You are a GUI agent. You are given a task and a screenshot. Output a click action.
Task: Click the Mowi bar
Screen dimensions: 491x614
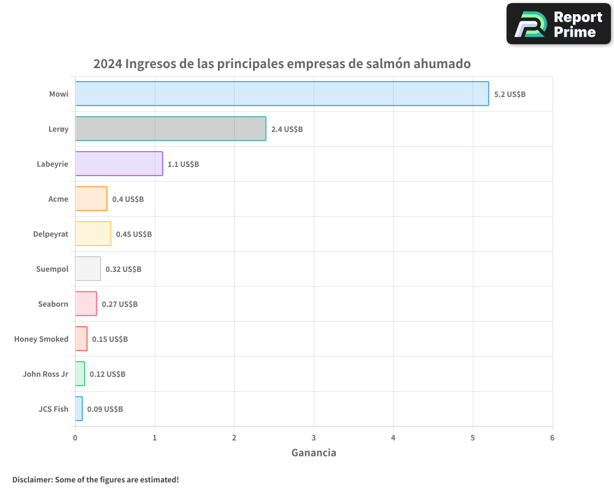tap(282, 93)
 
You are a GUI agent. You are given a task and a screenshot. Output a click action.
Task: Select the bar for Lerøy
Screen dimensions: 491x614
tap(171, 128)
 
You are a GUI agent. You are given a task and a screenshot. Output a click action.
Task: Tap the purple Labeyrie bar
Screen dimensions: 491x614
tap(119, 163)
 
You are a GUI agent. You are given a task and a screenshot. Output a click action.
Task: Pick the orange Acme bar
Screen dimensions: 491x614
tap(91, 198)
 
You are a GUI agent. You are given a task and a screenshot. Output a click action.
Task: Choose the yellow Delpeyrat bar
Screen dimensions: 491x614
tap(93, 233)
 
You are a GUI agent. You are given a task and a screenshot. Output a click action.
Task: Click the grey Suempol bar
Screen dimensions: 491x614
tap(88, 268)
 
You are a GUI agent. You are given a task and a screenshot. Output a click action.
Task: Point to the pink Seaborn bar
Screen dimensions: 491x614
tap(86, 303)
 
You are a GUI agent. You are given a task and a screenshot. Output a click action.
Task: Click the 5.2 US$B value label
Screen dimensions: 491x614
tap(510, 94)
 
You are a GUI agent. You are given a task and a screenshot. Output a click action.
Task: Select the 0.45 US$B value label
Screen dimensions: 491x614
tap(134, 234)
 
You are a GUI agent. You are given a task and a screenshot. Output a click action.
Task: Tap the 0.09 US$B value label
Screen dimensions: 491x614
tap(105, 409)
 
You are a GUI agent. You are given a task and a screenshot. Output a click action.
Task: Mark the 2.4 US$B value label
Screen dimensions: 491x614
tap(287, 129)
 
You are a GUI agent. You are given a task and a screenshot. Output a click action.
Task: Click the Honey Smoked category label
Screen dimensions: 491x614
tap(41, 339)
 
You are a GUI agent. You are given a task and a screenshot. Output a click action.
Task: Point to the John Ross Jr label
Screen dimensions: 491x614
tap(45, 374)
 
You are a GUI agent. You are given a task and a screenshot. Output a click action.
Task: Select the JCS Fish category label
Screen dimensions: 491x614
tap(53, 409)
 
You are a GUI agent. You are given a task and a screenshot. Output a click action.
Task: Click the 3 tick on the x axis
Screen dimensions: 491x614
tap(314, 438)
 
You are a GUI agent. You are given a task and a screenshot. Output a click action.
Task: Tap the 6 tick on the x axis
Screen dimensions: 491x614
tap(552, 438)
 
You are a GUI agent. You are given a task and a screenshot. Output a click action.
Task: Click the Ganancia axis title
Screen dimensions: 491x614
tap(314, 453)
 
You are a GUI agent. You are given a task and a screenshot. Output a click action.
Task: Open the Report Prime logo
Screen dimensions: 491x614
tap(559, 24)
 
